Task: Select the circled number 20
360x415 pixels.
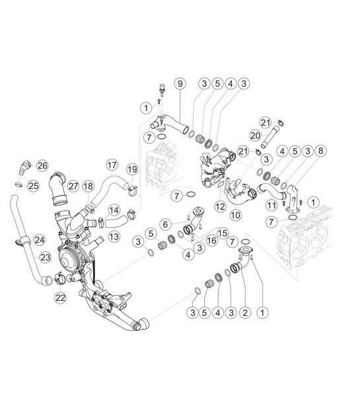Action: tap(255, 135)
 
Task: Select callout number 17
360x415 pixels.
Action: tap(111, 164)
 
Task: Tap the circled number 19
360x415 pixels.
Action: tap(132, 169)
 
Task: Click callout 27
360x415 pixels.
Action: tap(73, 186)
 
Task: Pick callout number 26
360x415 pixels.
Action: tap(42, 165)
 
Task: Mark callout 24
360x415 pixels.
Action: tap(39, 239)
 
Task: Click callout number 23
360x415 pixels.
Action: tap(44, 258)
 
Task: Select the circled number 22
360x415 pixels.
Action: tap(60, 297)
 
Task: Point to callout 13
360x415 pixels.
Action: tap(114, 236)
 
